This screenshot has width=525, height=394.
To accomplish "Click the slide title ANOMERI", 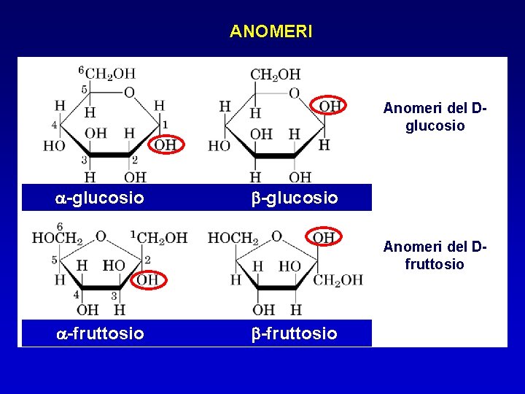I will tap(271, 31).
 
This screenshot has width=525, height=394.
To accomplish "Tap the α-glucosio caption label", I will tap(100, 198).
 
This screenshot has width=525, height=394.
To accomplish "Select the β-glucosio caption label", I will tap(295, 198).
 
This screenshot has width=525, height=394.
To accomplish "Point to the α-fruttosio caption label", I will tap(100, 333).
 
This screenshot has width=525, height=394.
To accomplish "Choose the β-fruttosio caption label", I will tap(295, 333).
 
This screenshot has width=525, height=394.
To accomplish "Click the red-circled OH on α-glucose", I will tap(165, 144).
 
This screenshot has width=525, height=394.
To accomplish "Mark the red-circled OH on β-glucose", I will tap(330, 107).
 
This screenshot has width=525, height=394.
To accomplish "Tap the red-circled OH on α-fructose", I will tap(148, 279).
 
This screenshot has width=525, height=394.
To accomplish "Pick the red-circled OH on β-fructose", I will tap(323, 238).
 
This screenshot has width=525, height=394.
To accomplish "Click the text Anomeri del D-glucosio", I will tap(435, 117).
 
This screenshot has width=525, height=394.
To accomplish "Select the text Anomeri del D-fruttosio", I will tap(435, 255).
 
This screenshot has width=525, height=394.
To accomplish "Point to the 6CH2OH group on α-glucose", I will tap(109, 73).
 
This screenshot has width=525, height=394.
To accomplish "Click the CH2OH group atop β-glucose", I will tap(275, 74).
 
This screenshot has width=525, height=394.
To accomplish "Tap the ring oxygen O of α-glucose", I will tap(129, 93).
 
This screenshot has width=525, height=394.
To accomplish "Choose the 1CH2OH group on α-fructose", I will tap(160, 238).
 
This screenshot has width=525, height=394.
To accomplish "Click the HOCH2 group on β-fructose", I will tap(233, 238).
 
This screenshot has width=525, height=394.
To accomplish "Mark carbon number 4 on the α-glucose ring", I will tap(54, 125).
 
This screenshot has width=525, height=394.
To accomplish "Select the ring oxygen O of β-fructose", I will tap(276, 236).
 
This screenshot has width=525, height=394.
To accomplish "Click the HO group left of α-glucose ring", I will tap(54, 145).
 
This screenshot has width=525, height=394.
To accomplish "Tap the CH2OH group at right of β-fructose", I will tap(338, 279).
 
